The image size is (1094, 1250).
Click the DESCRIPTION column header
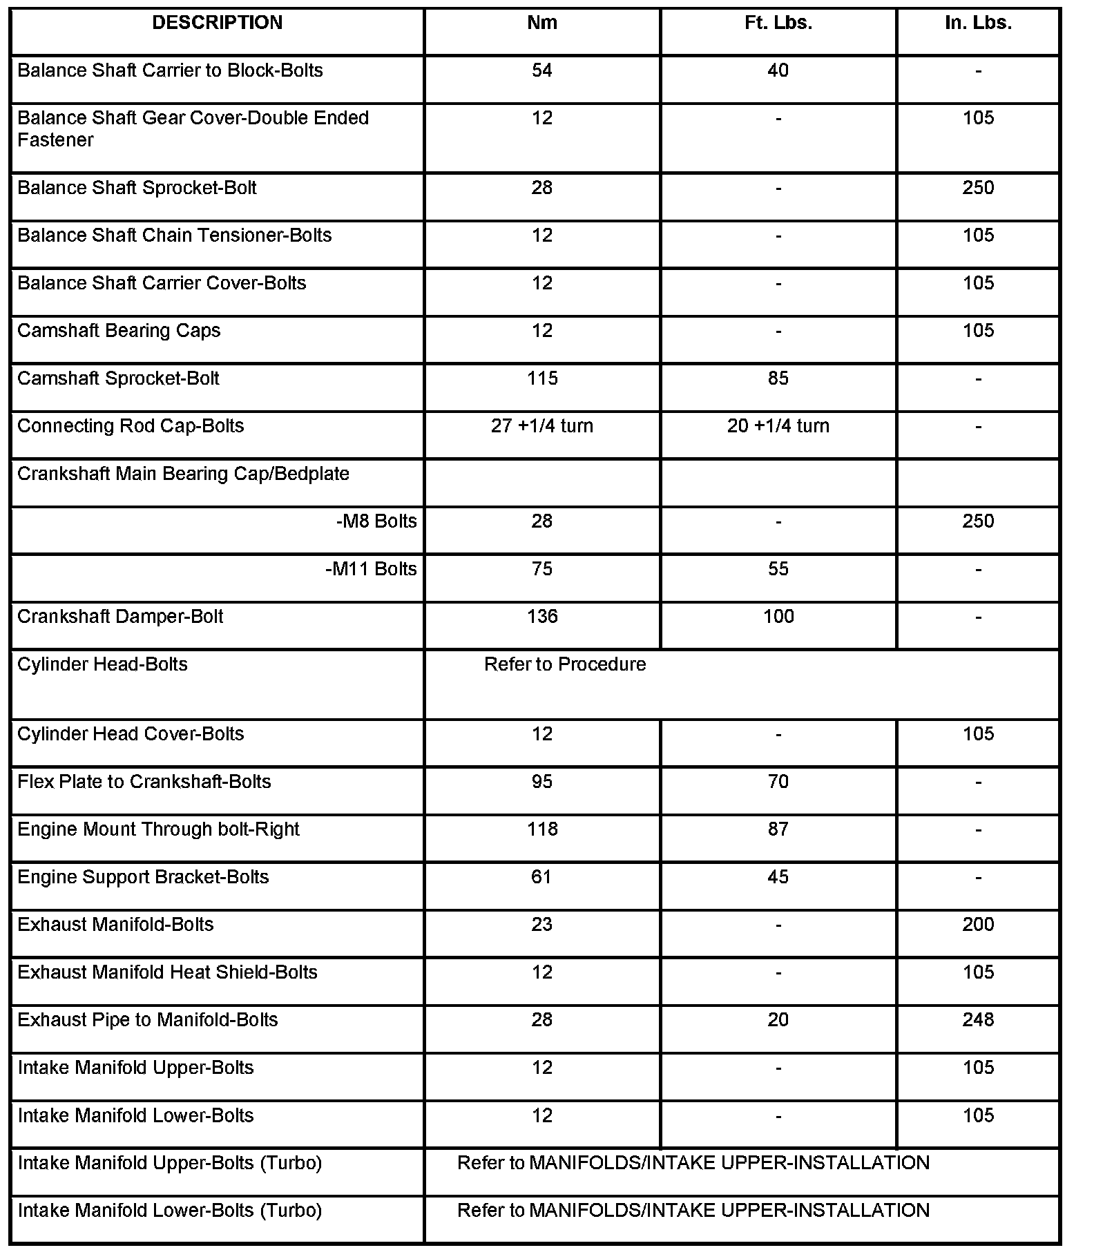coord(217,23)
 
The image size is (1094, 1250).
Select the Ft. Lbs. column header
coord(778,23)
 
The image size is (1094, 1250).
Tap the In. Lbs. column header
coord(978,23)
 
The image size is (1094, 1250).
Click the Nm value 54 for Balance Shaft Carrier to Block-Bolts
coord(541,70)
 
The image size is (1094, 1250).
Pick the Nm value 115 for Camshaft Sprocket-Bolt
coord(541,378)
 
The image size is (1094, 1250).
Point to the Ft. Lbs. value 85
coord(778,378)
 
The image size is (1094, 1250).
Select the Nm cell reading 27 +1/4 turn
coord(541,426)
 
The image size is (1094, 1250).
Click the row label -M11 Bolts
coord(371,569)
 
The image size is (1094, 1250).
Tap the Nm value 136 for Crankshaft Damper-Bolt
coord(541,617)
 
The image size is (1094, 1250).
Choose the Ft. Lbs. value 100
coord(778,617)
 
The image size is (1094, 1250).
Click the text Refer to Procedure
coord(565,664)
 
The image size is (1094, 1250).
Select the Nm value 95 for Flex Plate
coord(541,782)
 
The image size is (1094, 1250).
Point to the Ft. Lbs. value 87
coord(778,829)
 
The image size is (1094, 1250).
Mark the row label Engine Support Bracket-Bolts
coord(143,877)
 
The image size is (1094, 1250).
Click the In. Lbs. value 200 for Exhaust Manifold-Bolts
coord(978,925)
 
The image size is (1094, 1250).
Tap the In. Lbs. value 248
coord(978,1020)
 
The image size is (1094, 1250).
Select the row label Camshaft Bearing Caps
coord(119,331)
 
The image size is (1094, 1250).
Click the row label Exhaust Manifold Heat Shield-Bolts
coord(167,972)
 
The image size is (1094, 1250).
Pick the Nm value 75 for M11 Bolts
coord(541,569)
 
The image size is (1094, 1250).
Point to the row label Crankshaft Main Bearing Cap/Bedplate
coord(183,474)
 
